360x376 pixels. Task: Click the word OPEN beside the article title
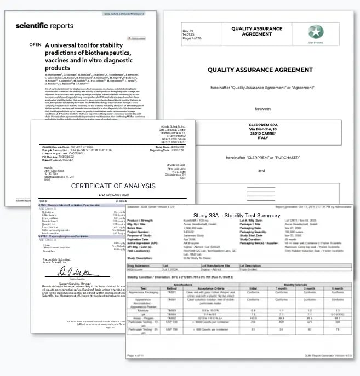tap(35, 44)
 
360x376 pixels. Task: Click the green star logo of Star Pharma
tap(315, 31)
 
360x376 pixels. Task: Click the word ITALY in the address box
tap(261, 139)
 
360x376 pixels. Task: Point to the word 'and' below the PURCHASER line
tap(261, 170)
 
